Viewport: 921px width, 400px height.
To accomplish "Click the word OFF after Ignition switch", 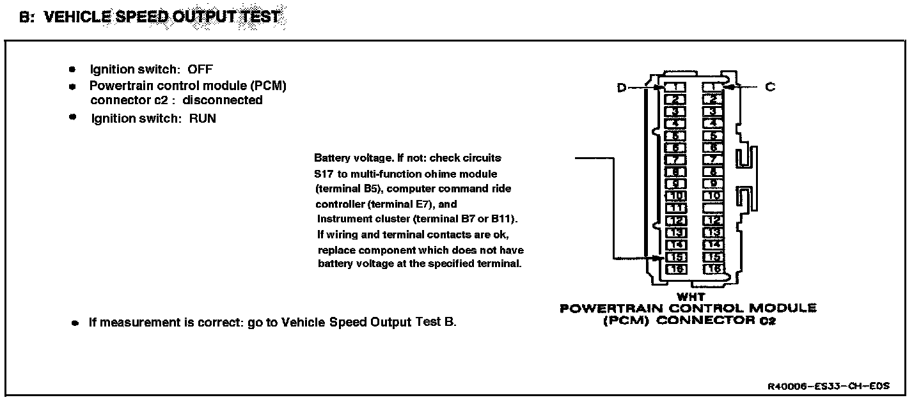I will pyautogui.click(x=200, y=69).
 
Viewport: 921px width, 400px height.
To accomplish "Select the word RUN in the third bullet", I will pyautogui.click(x=202, y=118).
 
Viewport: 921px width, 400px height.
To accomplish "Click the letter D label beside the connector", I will pyautogui.click(x=621, y=88).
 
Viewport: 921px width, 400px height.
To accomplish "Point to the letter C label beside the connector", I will pyautogui.click(x=770, y=87).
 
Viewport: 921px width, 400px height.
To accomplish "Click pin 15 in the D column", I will pyautogui.click(x=675, y=257).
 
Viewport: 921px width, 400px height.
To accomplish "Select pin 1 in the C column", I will pyautogui.click(x=713, y=87).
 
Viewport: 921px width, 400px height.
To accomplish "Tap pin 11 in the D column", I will pyautogui.click(x=675, y=208).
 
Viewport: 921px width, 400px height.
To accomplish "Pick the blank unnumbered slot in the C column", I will pyautogui.click(x=713, y=208).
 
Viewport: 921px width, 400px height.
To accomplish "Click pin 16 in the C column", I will pyautogui.click(x=713, y=269).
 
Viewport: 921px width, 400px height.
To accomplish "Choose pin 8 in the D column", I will pyautogui.click(x=675, y=172).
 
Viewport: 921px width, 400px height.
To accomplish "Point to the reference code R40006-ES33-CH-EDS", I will pyautogui.click(x=828, y=387).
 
